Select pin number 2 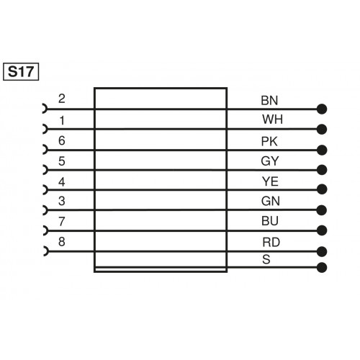click(x=62, y=99)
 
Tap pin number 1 click(x=62, y=119)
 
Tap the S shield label click(x=266, y=259)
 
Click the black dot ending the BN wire click(x=322, y=109)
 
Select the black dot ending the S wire click(x=322, y=268)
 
